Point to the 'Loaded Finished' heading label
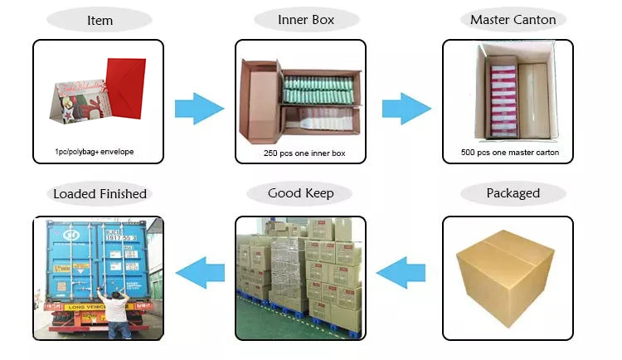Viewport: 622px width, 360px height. point(100,194)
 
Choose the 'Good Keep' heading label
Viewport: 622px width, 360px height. point(300,194)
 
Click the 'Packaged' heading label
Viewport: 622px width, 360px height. point(513,194)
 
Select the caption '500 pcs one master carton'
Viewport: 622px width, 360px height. point(509,153)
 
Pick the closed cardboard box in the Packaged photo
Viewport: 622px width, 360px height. point(506,277)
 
